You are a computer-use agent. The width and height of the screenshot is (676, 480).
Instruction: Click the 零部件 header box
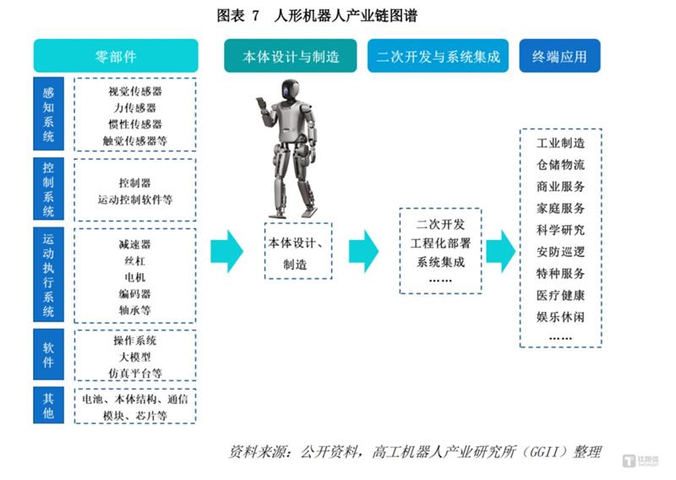(x=116, y=57)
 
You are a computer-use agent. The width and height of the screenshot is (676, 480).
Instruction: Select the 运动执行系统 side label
(x=48, y=275)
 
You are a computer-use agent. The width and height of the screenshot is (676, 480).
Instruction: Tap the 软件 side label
(x=48, y=356)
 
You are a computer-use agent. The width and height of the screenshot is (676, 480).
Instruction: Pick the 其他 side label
(x=48, y=406)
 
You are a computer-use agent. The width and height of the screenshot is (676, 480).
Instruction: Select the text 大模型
(x=135, y=357)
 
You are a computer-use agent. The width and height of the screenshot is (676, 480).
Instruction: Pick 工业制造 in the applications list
(x=560, y=143)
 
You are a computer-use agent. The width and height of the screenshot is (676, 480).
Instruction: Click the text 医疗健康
(x=560, y=296)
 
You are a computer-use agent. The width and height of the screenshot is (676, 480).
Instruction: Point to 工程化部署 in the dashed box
(x=440, y=244)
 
